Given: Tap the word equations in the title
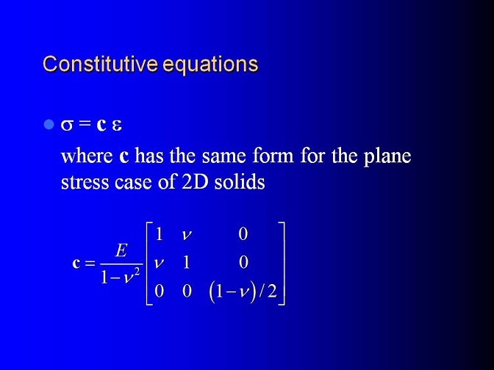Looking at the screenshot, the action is tap(211, 65).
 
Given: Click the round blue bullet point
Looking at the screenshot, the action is tap(49, 125).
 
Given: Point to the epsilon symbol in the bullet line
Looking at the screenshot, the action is tap(117, 126).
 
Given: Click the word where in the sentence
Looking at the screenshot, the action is tap(87, 156).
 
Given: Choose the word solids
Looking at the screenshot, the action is tap(240, 182).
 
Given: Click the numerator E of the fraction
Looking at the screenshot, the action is tap(121, 251).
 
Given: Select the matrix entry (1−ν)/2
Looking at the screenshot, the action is tap(243, 291).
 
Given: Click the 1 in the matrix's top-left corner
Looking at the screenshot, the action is tap(159, 234).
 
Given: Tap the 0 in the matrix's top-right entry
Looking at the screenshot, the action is tap(243, 234).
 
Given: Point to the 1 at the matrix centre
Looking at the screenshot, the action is tap(187, 262).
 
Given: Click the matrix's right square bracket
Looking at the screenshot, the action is tap(282, 264).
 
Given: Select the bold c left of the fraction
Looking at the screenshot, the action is tap(76, 263).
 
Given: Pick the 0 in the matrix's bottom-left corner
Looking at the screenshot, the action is tap(159, 291).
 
